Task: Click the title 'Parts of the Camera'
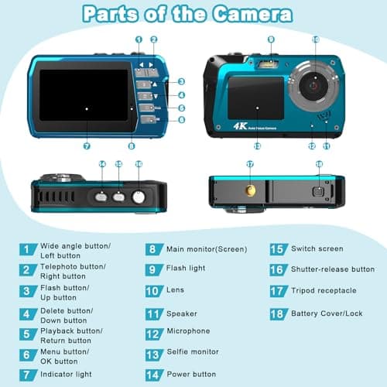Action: [187, 14]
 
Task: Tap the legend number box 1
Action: [29, 249]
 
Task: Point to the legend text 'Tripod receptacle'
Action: [324, 290]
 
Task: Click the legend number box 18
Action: [277, 313]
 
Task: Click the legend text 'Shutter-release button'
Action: [333, 269]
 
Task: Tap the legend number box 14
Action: [153, 374]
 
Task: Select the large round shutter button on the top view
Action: [139, 197]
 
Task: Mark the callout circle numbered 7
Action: [85, 145]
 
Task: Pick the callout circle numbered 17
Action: [249, 164]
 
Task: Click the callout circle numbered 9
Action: [271, 39]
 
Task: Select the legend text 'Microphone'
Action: [188, 331]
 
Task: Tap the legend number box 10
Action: [153, 291]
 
